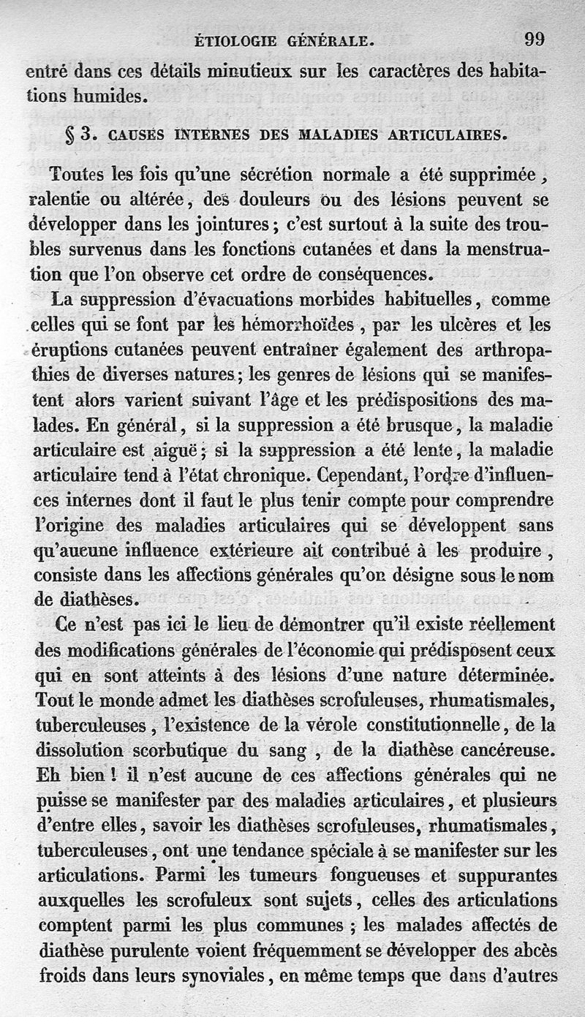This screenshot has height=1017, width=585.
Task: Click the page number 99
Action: pyautogui.click(x=534, y=39)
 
